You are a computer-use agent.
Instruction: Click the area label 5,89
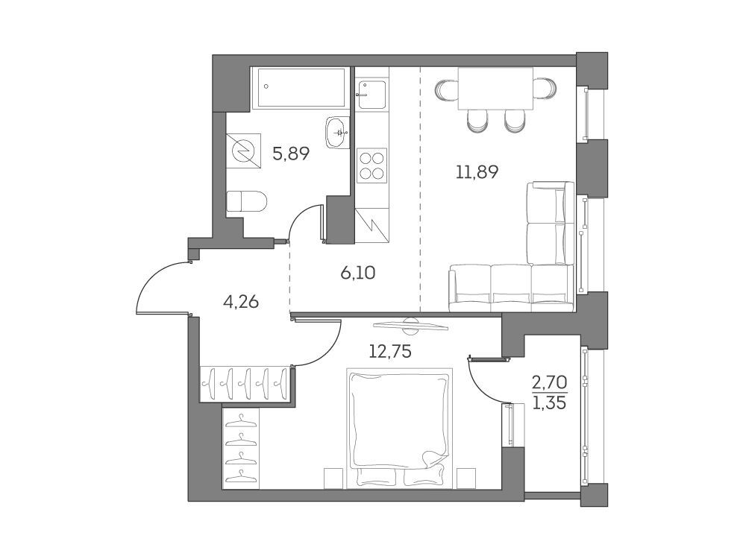point(291,154)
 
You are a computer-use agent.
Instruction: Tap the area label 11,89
point(477,171)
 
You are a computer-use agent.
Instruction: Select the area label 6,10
point(358,273)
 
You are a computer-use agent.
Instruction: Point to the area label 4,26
point(241,301)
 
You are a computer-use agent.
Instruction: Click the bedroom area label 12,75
point(390,351)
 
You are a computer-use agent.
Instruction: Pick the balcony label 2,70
point(550,382)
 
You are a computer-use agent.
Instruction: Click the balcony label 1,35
point(550,403)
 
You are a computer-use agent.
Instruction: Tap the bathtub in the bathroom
point(301,87)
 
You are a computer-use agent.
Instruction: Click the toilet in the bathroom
point(245,201)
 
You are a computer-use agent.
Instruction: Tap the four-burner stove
point(372,165)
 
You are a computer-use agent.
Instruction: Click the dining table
point(495,89)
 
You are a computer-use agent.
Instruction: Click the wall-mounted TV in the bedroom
point(410,325)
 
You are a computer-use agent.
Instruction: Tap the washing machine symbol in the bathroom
point(244,151)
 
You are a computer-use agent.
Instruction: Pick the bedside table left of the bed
point(333,479)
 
